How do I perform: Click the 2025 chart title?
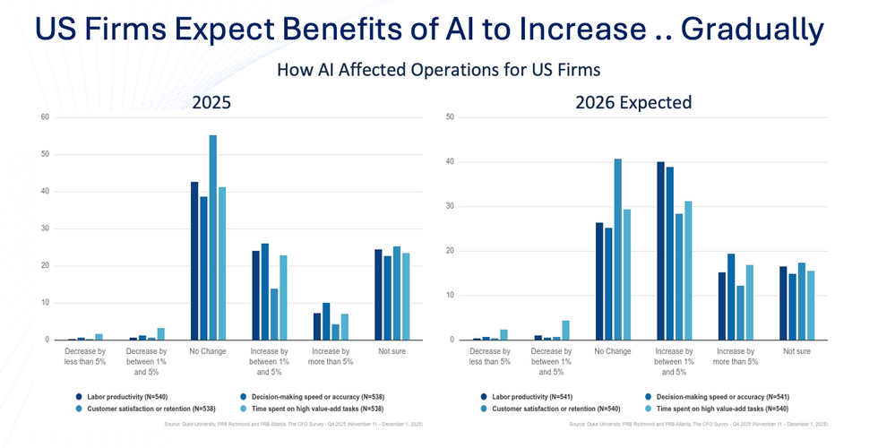click(212, 103)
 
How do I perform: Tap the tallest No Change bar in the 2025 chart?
click(213, 237)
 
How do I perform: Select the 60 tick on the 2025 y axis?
click(44, 117)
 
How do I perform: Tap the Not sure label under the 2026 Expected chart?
click(797, 351)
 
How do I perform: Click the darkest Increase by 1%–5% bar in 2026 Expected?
click(661, 251)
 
